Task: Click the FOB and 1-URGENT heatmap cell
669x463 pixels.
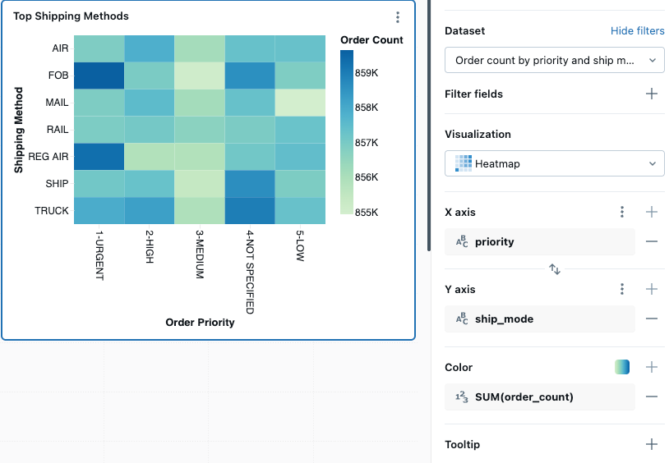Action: point(99,76)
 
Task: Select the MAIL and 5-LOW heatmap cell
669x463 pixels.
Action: point(299,103)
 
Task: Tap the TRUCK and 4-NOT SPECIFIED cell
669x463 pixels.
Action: point(249,211)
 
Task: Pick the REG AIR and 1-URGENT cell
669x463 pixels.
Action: point(99,157)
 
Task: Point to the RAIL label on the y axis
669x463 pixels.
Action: point(57,130)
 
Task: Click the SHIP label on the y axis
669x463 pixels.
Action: point(57,184)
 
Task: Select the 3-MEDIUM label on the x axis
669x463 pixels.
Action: point(199,254)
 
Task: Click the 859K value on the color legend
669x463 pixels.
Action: point(366,73)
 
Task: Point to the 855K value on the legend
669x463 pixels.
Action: point(366,213)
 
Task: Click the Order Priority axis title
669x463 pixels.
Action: point(200,323)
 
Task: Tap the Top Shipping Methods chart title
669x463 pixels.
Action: point(71,16)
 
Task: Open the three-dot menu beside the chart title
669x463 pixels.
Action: point(398,17)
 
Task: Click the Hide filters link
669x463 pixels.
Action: point(637,31)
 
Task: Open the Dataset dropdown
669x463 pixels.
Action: point(554,61)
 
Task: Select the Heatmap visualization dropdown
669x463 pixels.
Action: point(554,164)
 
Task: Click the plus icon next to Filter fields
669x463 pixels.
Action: point(652,94)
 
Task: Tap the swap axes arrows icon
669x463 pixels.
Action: point(555,269)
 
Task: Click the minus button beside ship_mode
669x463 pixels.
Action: point(652,319)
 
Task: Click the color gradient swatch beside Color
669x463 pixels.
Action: point(621,368)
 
